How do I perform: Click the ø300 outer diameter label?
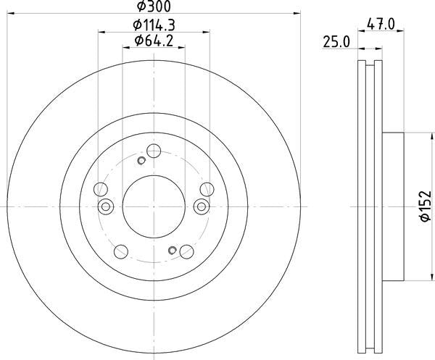coord(154,7)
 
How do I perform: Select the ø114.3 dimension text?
coord(154,25)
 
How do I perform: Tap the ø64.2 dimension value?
coord(154,41)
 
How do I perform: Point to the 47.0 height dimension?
coord(381,25)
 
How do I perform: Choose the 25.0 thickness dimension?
coord(336,43)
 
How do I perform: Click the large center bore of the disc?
coord(154,206)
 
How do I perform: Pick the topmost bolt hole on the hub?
coord(154,151)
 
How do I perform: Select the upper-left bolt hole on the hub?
coord(101,190)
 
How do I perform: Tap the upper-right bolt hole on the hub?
coord(207,190)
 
